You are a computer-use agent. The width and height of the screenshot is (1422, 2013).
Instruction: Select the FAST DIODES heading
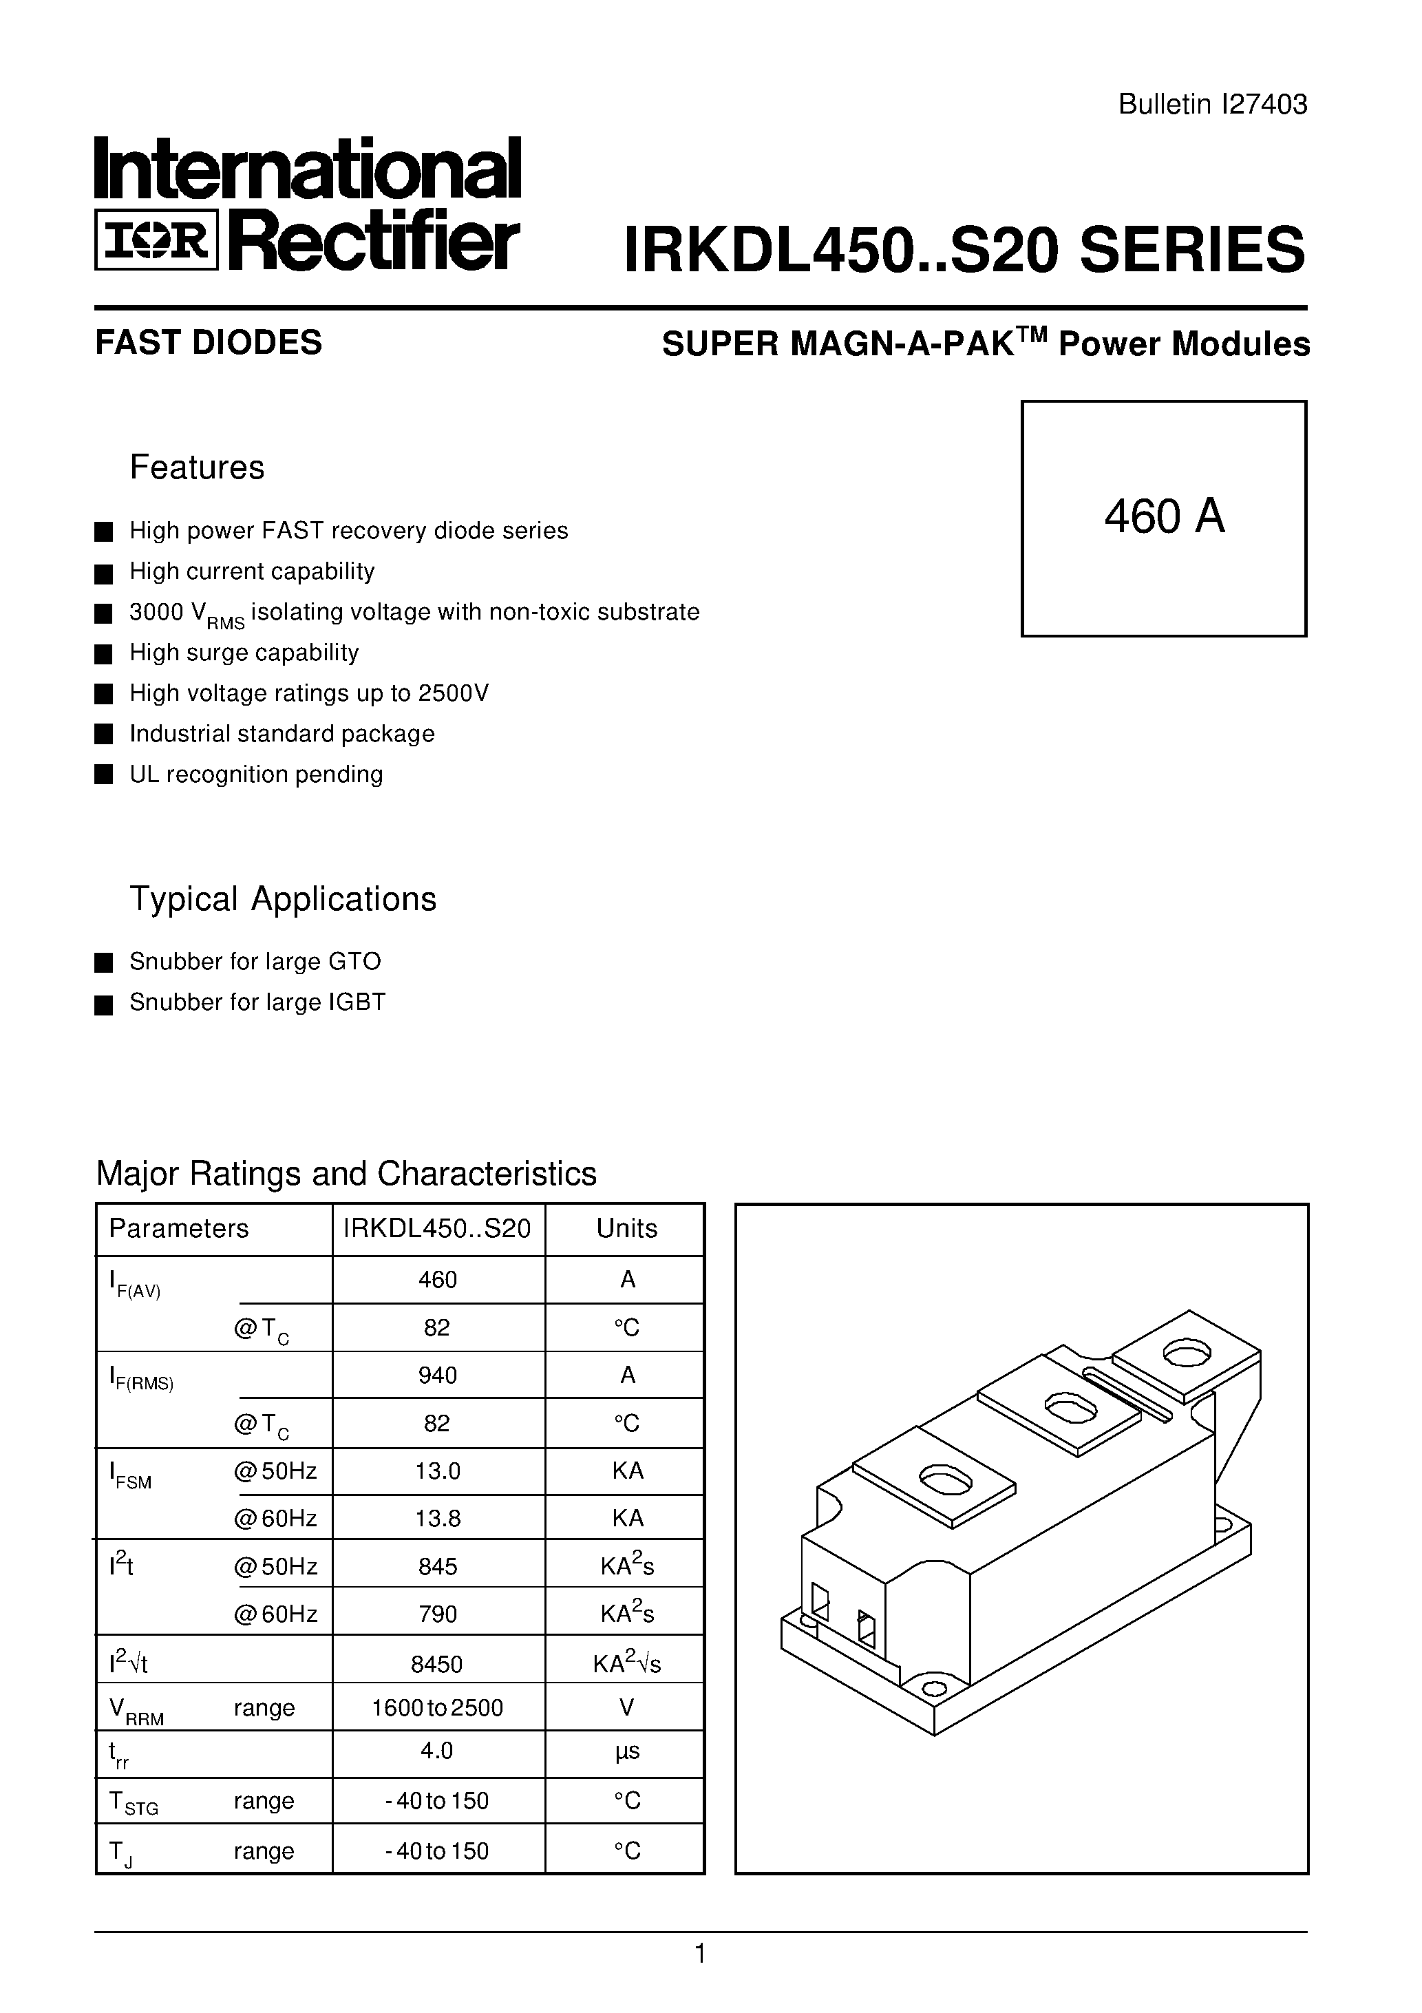pos(209,343)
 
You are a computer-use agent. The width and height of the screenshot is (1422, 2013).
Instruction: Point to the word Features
pos(198,467)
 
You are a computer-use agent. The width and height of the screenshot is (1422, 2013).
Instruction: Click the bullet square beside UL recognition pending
pos(103,775)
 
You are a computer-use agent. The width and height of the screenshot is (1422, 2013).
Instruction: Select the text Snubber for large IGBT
pos(257,1002)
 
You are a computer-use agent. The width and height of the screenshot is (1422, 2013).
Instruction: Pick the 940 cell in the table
pos(438,1375)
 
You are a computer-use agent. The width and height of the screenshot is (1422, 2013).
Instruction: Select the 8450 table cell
pos(438,1663)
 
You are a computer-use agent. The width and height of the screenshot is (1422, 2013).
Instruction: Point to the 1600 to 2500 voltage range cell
pos(438,1707)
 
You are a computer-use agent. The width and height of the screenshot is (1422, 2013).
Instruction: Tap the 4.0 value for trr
pos(438,1751)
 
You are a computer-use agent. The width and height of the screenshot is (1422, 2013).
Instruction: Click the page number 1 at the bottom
pos(699,1954)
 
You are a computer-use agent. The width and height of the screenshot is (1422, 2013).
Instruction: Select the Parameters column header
pos(179,1228)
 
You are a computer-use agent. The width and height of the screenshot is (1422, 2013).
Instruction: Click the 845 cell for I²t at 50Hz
pos(438,1567)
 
